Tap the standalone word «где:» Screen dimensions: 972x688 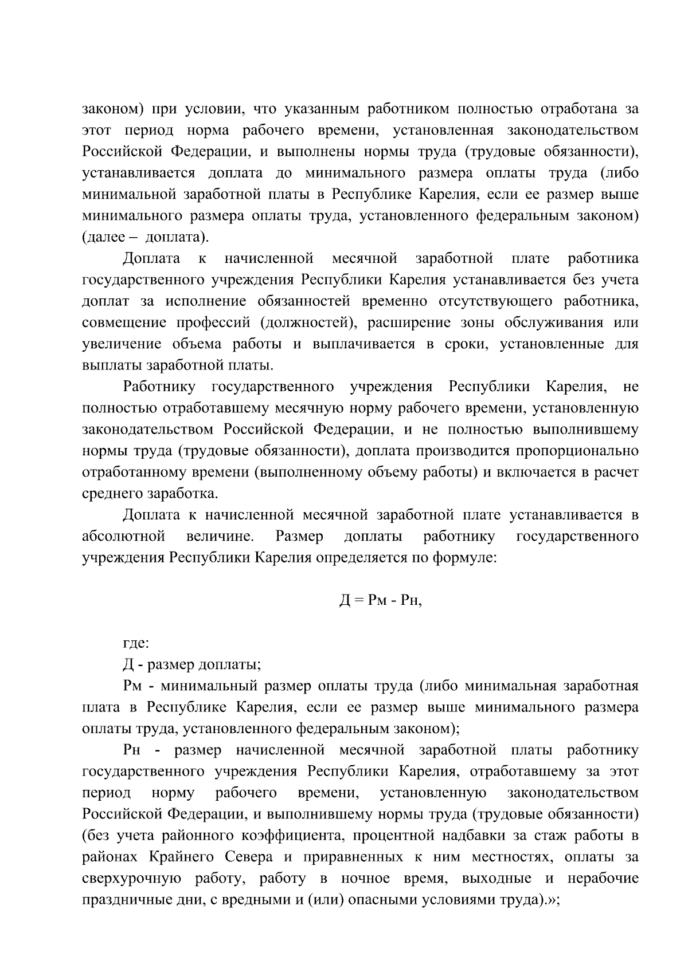[135, 644]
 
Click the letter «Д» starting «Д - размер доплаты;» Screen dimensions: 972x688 [128, 665]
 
